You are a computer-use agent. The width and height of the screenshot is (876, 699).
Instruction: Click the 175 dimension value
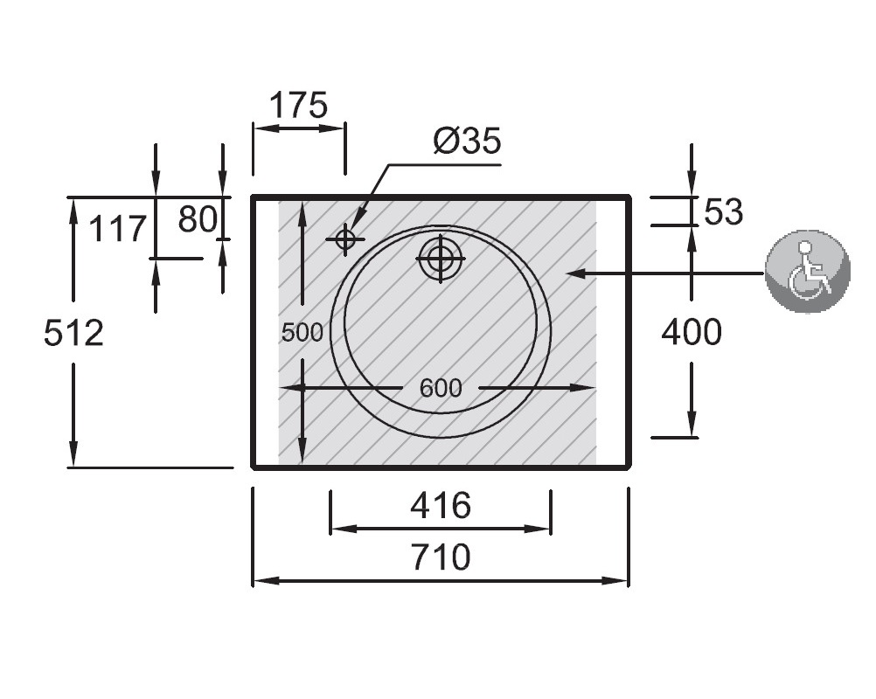coord(298,105)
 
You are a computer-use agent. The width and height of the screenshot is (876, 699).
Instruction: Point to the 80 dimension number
coord(198,218)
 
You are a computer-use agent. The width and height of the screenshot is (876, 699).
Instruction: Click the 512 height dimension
coord(73,333)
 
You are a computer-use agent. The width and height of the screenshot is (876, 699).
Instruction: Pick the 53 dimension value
coord(724,211)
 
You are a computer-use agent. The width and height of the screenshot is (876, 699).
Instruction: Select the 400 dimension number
coord(692,332)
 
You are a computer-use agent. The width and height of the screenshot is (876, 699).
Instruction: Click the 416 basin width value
coord(441,506)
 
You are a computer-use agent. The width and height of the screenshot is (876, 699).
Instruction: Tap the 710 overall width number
coord(441,557)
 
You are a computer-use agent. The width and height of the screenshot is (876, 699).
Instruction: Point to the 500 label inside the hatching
coord(302,333)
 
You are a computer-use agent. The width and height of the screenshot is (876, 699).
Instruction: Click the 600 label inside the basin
coord(441,388)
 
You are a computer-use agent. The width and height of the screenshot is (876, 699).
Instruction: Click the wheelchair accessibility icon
coord(808,272)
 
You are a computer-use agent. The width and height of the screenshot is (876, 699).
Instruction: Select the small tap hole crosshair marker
coord(345,239)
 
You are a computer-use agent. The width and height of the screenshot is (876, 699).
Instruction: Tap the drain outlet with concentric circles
coord(441,259)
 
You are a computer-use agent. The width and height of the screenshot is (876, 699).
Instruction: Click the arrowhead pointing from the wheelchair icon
coord(575,273)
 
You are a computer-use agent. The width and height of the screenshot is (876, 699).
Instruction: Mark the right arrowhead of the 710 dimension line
coord(618,581)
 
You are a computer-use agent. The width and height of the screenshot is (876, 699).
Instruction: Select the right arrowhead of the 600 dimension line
coord(585,387)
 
